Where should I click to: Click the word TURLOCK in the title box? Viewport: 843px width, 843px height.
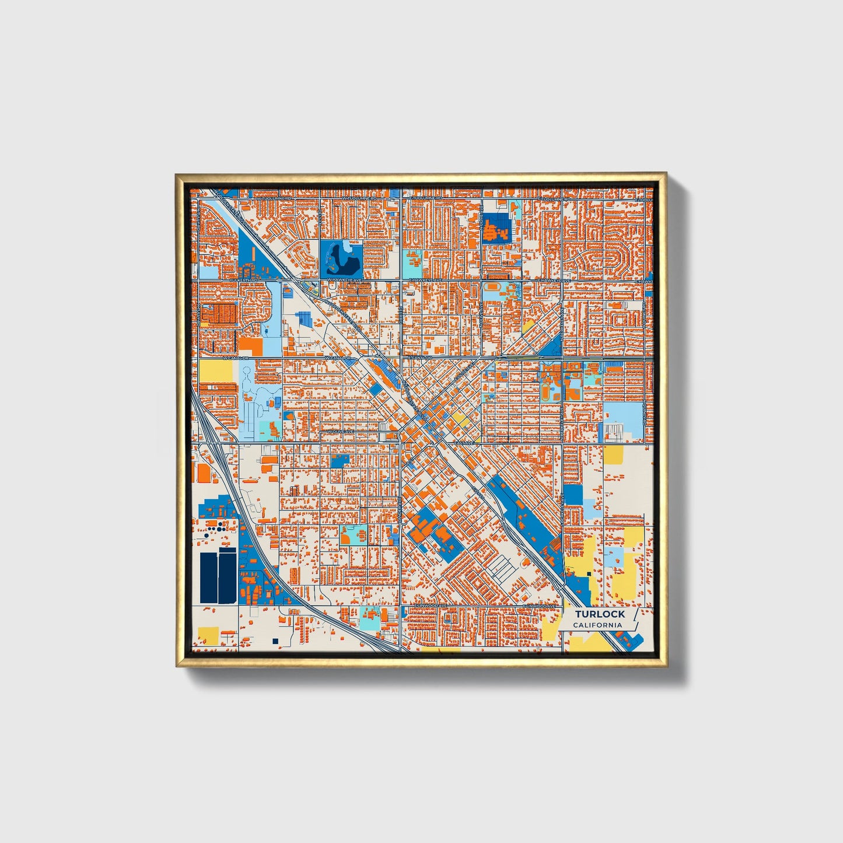point(599,614)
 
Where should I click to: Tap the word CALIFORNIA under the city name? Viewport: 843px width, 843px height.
point(597,625)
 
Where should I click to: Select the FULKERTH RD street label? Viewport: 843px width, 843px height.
point(243,280)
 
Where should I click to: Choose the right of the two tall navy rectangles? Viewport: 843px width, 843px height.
point(227,578)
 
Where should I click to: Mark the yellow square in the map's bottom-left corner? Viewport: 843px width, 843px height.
point(208,635)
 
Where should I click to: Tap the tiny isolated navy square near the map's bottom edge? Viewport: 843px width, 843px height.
point(275,641)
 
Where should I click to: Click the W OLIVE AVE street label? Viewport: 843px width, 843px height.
point(341,432)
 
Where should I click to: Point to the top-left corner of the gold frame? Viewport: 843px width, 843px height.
point(177,175)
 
